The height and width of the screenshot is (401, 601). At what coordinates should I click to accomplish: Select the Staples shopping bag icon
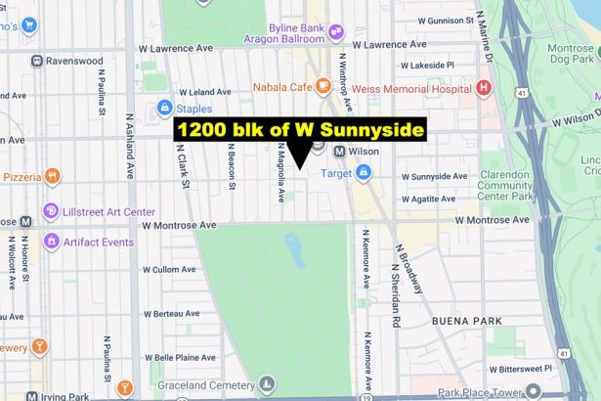[164, 108]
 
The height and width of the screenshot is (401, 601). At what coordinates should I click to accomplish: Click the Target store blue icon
[364, 173]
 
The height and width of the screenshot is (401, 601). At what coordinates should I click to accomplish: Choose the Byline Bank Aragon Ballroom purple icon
[336, 31]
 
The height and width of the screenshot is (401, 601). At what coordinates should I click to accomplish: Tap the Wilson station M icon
[340, 152]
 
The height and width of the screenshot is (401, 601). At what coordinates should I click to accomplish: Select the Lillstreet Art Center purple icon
[51, 211]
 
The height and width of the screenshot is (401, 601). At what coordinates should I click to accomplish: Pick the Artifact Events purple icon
[51, 241]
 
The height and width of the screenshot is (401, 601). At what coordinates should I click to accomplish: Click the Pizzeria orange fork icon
[52, 177]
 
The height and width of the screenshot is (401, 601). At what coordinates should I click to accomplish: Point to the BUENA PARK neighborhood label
[466, 321]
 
